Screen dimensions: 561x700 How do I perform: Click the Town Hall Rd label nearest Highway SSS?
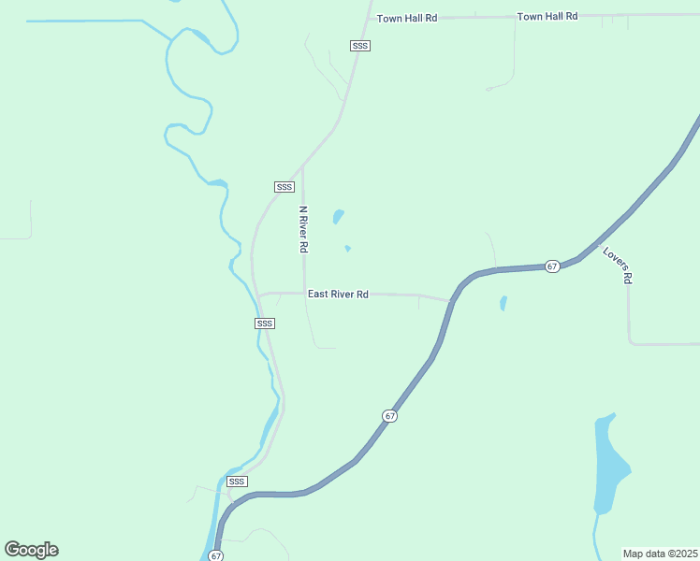pyautogui.click(x=407, y=18)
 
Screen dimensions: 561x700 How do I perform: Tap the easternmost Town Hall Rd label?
pyautogui.click(x=547, y=17)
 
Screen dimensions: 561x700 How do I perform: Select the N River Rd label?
pyautogui.click(x=303, y=230)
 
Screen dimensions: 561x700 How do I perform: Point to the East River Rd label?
pyautogui.click(x=338, y=294)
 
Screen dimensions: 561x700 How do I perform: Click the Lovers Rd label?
pyautogui.click(x=619, y=266)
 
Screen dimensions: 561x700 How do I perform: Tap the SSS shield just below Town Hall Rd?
pyautogui.click(x=360, y=46)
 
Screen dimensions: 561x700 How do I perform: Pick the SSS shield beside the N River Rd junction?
pyautogui.click(x=284, y=187)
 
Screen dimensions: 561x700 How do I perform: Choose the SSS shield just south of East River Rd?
pyautogui.click(x=265, y=324)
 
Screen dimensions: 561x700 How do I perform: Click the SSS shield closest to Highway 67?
pyautogui.click(x=237, y=482)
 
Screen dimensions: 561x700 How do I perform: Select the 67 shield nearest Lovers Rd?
pyautogui.click(x=552, y=266)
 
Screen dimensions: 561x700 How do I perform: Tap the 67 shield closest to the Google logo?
pyautogui.click(x=216, y=555)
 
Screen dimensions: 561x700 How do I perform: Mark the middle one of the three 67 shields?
pyautogui.click(x=390, y=415)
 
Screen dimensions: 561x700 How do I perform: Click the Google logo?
pyautogui.click(x=32, y=550)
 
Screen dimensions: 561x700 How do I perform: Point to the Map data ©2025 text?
pyautogui.click(x=660, y=554)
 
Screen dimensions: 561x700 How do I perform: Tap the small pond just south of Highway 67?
pyautogui.click(x=503, y=304)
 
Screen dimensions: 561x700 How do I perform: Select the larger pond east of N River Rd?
pyautogui.click(x=338, y=217)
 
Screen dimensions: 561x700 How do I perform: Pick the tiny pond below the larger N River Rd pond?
pyautogui.click(x=347, y=249)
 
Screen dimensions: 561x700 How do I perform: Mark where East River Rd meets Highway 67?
pyautogui.click(x=451, y=301)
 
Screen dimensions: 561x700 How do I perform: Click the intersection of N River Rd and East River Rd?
pyautogui.click(x=304, y=294)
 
